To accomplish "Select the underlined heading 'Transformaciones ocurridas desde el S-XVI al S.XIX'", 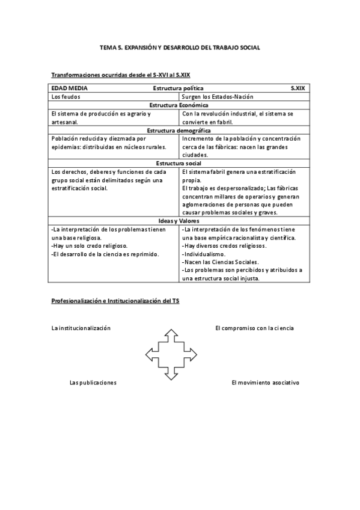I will (x=121, y=75).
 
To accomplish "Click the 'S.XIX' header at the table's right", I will (x=297, y=88).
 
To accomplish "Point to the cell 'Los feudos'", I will (x=66, y=96).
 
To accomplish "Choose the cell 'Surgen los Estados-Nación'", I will (x=218, y=96).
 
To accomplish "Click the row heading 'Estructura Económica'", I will (x=179, y=105).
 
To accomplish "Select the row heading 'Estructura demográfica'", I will (x=179, y=130).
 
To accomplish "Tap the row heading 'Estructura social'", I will (x=179, y=163).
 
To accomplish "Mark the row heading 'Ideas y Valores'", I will (x=179, y=221).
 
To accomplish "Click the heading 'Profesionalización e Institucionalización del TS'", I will (x=115, y=300).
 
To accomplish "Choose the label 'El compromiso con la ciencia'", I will (x=254, y=328).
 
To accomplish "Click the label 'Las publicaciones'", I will (x=93, y=382).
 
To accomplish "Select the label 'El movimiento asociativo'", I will (x=265, y=382).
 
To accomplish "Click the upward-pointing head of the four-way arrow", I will (x=171, y=332).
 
